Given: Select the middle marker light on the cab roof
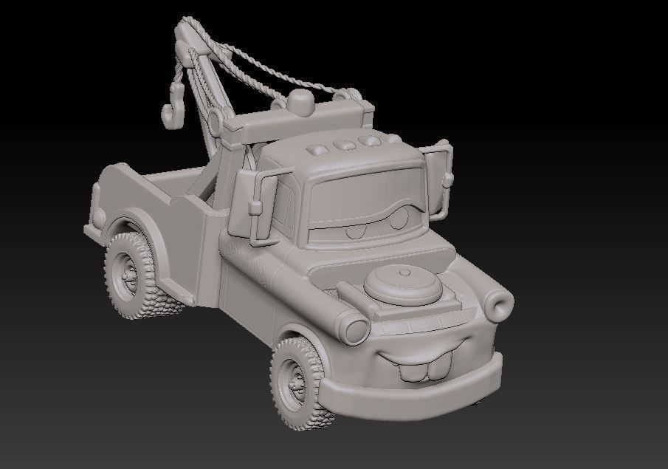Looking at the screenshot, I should [344, 144].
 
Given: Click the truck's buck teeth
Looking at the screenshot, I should [424, 367].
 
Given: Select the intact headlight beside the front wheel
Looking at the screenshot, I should [357, 329].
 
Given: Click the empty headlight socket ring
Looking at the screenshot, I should [500, 304].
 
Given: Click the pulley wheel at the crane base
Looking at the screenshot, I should [216, 121].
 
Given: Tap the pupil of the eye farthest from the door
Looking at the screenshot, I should [399, 221].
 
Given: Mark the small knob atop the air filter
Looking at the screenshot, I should [404, 271].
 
